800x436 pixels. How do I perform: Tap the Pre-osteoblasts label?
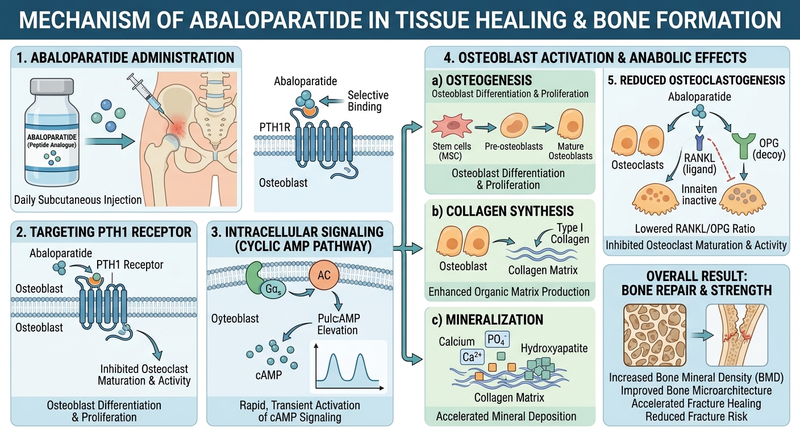click(x=514, y=146)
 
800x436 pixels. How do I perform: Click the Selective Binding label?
click(x=368, y=100)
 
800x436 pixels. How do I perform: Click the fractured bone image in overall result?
click(x=737, y=335)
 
